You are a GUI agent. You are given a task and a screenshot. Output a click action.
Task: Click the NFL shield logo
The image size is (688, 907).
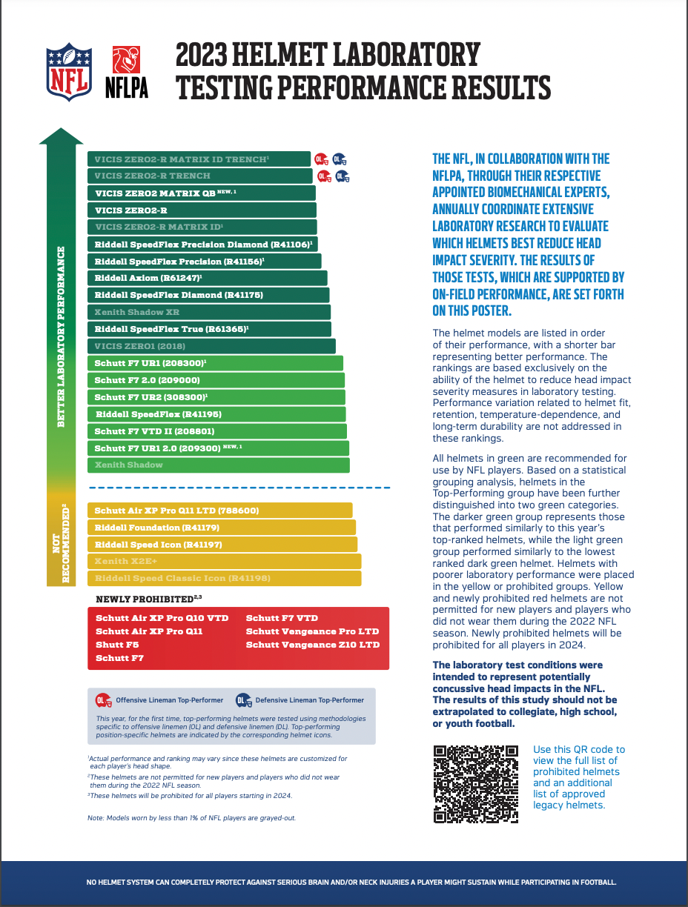(x=69, y=71)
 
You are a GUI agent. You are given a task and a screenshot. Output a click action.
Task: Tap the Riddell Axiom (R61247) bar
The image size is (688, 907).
(x=208, y=278)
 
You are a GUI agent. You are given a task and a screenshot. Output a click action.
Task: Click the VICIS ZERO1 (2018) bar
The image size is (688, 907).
(x=211, y=346)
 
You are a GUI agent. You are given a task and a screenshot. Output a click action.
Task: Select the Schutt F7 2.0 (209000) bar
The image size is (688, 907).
(x=216, y=380)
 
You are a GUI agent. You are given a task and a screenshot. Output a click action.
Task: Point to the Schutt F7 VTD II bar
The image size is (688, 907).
(x=216, y=431)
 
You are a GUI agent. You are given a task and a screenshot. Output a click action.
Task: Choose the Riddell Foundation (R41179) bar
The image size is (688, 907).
(x=221, y=528)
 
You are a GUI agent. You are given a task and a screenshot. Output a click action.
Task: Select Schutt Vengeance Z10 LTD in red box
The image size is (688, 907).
(x=312, y=645)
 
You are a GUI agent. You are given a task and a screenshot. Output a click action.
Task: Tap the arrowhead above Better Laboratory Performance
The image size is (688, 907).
(x=61, y=137)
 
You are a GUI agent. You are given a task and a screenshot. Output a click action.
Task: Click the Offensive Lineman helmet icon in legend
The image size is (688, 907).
(x=104, y=700)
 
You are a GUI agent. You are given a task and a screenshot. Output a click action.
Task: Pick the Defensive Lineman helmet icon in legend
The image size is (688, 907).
(x=243, y=700)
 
